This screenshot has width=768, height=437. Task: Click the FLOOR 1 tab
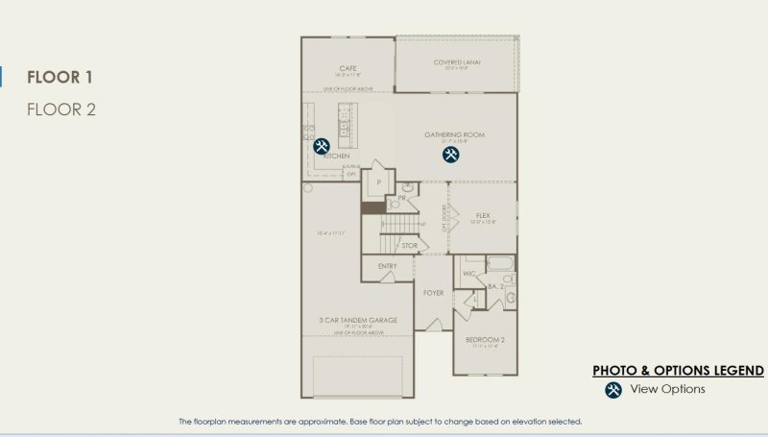coord(60,78)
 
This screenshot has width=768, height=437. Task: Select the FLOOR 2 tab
coord(61,109)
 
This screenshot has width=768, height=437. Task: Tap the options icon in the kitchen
coord(322,146)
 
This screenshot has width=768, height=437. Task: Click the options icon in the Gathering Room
coord(450,154)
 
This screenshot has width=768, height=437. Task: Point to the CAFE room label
coord(348,68)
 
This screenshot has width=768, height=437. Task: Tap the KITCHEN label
coord(337,156)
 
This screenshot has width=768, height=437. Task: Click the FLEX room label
coord(483,215)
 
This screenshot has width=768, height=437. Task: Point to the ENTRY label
coord(387,266)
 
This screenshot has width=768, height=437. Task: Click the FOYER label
coord(433,292)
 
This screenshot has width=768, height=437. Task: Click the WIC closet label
coord(469,275)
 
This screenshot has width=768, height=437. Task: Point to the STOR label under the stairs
coord(409,246)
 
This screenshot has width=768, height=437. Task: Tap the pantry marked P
coord(379,182)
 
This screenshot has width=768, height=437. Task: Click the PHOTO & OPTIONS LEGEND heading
coord(678,370)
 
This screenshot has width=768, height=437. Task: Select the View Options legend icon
coord(613,389)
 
